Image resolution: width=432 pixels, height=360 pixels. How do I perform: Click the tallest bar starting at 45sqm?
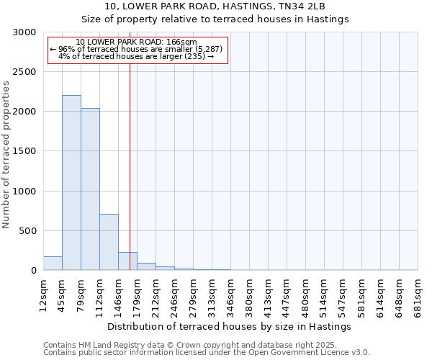pyautogui.click(x=71, y=183)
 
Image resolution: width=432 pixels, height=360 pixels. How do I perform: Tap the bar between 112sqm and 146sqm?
pyautogui.click(x=109, y=242)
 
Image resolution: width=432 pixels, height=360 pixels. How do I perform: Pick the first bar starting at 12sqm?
pyautogui.click(x=53, y=264)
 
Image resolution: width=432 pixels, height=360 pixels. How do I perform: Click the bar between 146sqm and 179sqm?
pyautogui.click(x=127, y=261)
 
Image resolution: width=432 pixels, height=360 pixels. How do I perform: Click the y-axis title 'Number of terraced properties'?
pyautogui.click(x=6, y=155)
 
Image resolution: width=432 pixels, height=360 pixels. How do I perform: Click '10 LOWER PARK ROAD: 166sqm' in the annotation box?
pyautogui.click(x=136, y=42)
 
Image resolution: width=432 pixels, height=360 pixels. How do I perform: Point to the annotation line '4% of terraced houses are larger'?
pyautogui.click(x=136, y=56)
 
